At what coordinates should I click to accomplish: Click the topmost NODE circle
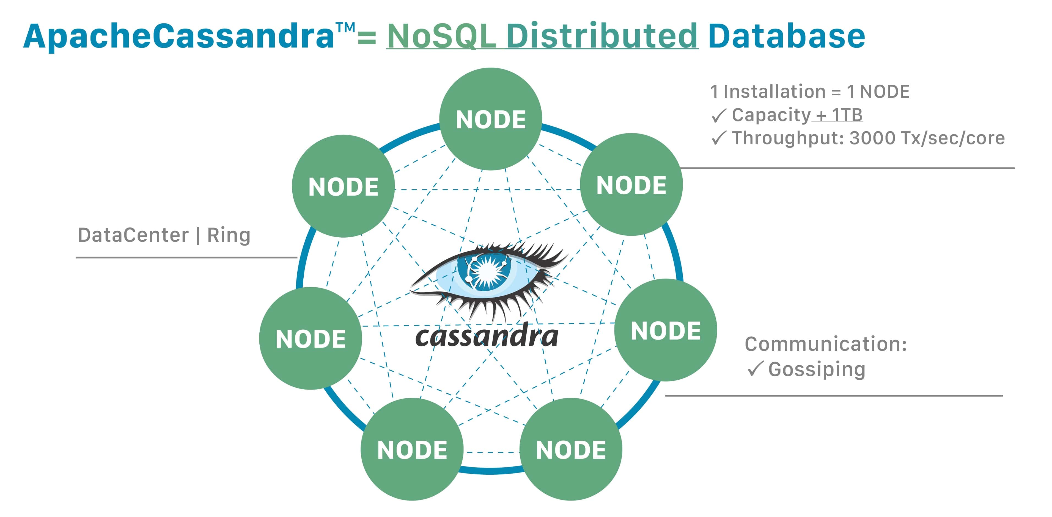pyautogui.click(x=490, y=119)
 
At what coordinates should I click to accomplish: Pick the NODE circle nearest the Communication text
pyautogui.click(x=666, y=330)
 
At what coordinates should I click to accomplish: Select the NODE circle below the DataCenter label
pyautogui.click(x=310, y=338)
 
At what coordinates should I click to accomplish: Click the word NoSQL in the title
pyautogui.click(x=441, y=36)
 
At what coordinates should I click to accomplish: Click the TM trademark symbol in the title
pyautogui.click(x=345, y=28)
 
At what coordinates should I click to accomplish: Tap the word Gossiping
pyautogui.click(x=817, y=369)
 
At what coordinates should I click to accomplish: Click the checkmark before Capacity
pyautogui.click(x=718, y=116)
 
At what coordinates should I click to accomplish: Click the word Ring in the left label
pyautogui.click(x=229, y=235)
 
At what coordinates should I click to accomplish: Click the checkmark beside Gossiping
pyautogui.click(x=755, y=369)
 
